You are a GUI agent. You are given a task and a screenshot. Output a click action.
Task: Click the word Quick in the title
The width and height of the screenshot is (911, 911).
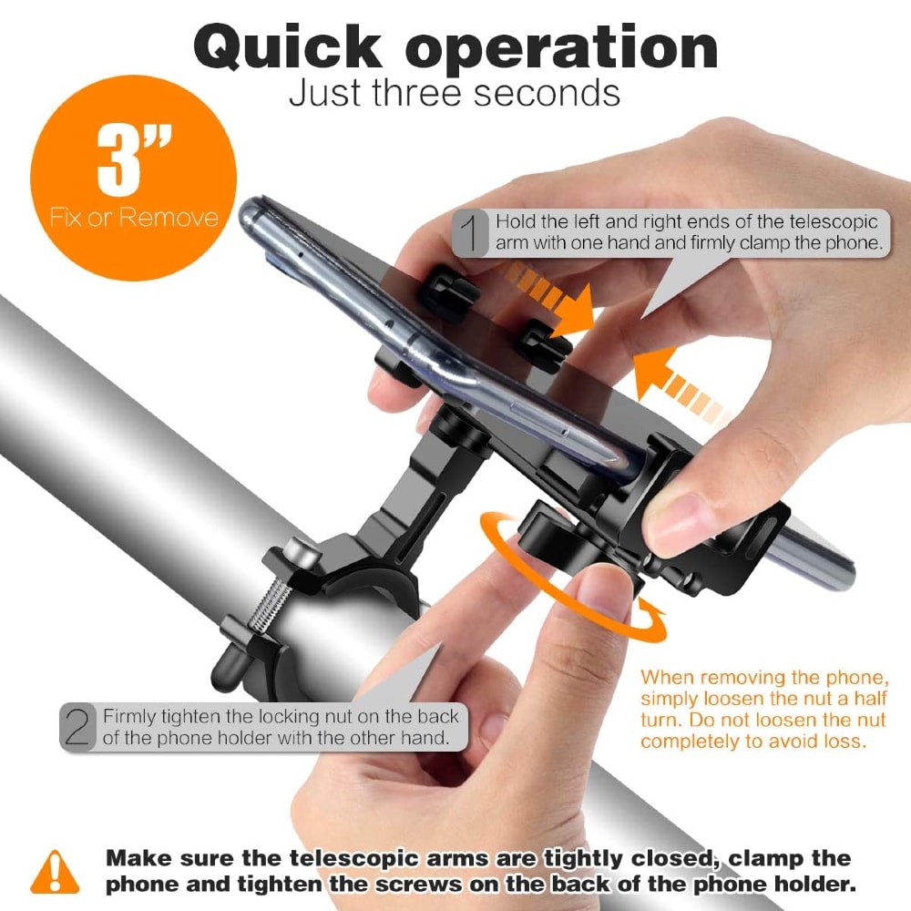[x=288, y=47]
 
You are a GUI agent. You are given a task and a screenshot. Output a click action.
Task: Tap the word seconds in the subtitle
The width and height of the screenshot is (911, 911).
[x=547, y=93]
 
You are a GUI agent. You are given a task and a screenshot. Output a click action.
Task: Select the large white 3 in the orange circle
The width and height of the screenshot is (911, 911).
[x=118, y=161]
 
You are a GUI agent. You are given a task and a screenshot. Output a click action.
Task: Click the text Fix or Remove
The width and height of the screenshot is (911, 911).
[x=134, y=218]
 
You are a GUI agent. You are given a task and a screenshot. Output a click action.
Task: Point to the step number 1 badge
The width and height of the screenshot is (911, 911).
[x=470, y=232]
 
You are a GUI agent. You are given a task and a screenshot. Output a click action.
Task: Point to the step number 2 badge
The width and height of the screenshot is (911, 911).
[x=77, y=726]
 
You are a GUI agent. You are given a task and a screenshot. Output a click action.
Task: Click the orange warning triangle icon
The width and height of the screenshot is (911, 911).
[x=55, y=872]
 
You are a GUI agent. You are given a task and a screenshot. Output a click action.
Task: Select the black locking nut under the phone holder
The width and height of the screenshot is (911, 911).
[x=543, y=532]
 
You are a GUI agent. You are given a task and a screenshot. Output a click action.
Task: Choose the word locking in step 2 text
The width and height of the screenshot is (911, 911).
[x=288, y=716]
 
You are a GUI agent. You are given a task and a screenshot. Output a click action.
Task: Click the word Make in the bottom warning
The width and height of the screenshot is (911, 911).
[x=139, y=858]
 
